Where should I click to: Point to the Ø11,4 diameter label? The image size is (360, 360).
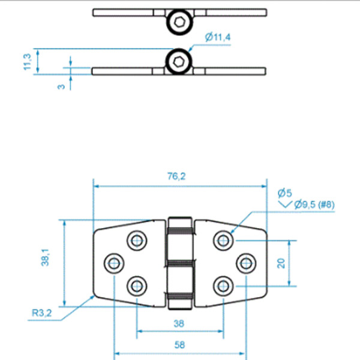217,38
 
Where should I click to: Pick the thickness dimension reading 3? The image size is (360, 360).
61,86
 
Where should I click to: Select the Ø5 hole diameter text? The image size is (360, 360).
285,193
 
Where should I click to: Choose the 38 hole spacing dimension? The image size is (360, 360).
179,323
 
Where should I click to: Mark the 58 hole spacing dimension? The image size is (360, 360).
179,346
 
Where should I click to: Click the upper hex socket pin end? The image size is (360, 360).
179,22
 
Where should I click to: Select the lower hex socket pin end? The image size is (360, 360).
179,61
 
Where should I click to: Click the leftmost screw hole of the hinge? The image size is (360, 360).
114,262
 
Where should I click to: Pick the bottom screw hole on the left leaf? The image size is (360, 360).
137,284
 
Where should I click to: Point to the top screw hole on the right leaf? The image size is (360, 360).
223,241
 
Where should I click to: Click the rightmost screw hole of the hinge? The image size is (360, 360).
245,262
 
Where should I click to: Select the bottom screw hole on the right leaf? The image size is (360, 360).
223,284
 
